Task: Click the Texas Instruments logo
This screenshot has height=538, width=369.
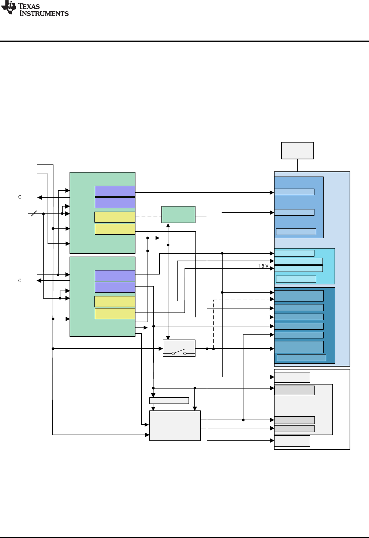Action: pos(35,9)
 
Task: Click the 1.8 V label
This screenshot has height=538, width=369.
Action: pos(263,266)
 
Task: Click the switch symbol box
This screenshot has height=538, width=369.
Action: pos(179,348)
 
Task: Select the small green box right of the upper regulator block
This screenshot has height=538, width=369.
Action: pos(178,215)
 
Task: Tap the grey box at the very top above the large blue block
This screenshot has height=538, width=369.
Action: pos(297,151)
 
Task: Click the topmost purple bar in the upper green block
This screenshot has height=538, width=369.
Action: pos(115,191)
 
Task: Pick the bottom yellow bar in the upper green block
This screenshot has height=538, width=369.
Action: pos(115,229)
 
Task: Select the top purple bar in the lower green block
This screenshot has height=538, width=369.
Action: pos(115,276)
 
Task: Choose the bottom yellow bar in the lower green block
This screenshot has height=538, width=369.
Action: pos(115,314)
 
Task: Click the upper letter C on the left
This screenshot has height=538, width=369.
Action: pos(20,197)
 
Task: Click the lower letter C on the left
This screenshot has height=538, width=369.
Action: pos(20,281)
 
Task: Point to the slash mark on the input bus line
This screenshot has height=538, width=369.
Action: pos(34,213)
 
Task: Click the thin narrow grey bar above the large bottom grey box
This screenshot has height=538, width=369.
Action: pos(169,401)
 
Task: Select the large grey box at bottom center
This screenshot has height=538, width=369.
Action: pos(175,426)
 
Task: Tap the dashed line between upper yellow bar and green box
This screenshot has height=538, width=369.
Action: pos(148,216)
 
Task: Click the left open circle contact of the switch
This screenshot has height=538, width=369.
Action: pos(173,353)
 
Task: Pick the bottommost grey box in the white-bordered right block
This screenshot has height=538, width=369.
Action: pos(292,441)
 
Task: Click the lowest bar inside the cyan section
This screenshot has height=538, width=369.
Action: pos(296,279)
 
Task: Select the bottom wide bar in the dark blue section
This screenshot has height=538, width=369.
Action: pos(301,357)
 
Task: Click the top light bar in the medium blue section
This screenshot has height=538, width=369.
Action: pos(294,192)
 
